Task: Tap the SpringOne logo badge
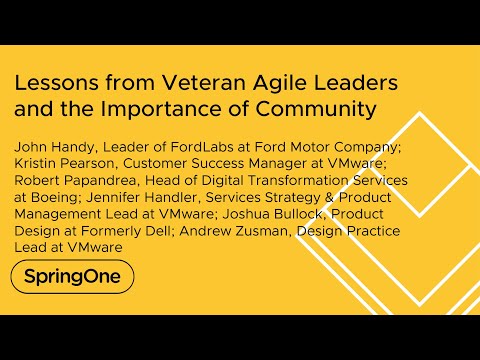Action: pyautogui.click(x=71, y=276)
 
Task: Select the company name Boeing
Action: pyautogui.click(x=55, y=197)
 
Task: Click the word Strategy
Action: pyautogui.click(x=298, y=197)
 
